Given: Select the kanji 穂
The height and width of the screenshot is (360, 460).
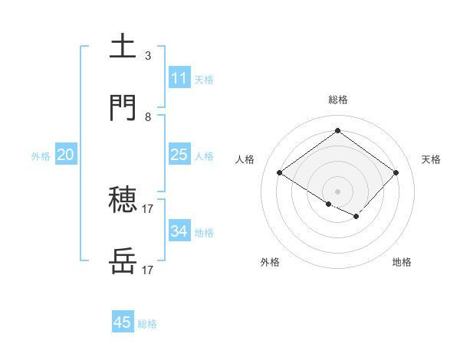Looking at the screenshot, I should (x=123, y=200).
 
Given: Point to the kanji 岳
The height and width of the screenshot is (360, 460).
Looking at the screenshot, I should (x=123, y=261).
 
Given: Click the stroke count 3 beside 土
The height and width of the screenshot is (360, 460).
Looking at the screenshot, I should (x=148, y=55).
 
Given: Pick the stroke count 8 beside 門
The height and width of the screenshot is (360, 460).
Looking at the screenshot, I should (x=148, y=116).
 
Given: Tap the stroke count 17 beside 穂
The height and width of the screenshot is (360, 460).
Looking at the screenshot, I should (x=149, y=208).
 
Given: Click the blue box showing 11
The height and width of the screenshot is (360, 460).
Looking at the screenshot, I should (x=179, y=78).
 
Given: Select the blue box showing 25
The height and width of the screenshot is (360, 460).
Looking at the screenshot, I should (x=179, y=155).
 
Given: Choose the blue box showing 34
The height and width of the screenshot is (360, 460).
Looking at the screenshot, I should (x=179, y=231).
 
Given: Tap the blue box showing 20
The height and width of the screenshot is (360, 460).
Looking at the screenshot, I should (x=66, y=155).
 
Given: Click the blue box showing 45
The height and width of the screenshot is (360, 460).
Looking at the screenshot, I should (x=123, y=322).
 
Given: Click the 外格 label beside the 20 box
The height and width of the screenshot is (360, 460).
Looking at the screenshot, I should (x=41, y=156).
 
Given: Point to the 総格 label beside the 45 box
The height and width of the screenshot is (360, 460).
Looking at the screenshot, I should (x=147, y=324).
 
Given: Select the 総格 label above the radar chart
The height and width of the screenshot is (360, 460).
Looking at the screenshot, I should (x=337, y=100).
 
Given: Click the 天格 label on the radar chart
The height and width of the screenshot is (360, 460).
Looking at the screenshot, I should (x=431, y=159).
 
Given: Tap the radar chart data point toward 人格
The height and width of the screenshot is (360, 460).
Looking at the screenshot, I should (x=280, y=173).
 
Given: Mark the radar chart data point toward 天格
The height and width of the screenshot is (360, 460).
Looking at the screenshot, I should (x=396, y=173).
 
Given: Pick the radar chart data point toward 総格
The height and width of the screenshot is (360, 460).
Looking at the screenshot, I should (x=337, y=130).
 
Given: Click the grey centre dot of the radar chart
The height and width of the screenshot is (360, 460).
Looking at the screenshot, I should (x=337, y=190).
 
